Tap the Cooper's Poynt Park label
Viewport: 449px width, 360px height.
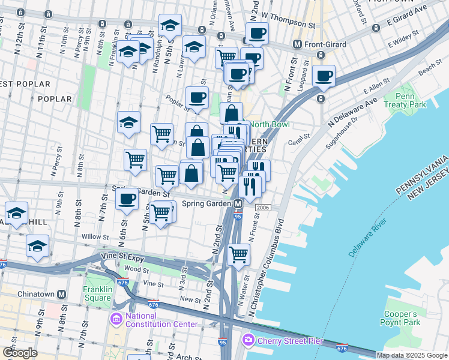pos(400,319)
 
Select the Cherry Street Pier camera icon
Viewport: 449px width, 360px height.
pos(248,341)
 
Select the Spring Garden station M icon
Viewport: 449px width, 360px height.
pos(238,204)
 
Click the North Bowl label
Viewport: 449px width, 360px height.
pos(269,124)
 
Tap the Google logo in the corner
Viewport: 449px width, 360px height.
pos(20,352)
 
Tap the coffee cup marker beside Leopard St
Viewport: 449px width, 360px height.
pos(324,76)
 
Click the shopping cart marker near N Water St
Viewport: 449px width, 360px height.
pos(239,254)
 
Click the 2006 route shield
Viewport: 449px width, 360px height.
pos(262,207)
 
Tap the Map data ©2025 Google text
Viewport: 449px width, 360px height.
pos(412,355)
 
